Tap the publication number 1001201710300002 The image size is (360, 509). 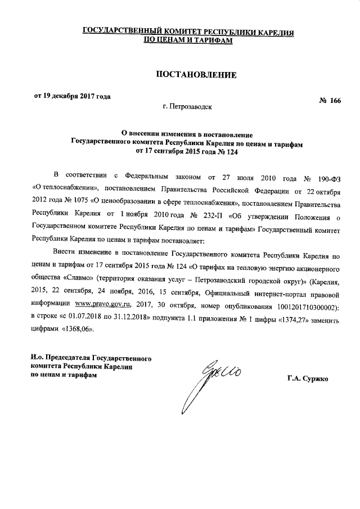(304, 304)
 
